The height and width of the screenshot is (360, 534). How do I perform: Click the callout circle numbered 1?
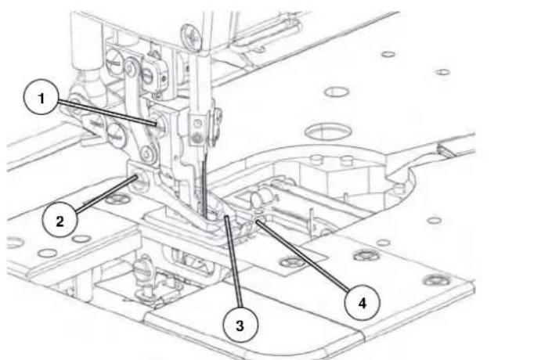click(x=41, y=97)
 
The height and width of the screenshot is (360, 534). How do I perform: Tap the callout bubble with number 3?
click(x=240, y=325)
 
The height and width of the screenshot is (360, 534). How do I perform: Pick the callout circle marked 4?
click(x=362, y=303)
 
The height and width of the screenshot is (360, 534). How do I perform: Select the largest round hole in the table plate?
click(x=327, y=131)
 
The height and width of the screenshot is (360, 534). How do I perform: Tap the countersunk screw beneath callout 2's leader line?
click(x=118, y=199)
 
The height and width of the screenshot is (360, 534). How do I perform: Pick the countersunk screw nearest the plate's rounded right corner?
click(x=437, y=280)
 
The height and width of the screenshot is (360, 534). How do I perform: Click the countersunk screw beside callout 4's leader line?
click(x=293, y=261)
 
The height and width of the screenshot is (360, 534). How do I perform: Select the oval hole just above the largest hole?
click(x=337, y=92)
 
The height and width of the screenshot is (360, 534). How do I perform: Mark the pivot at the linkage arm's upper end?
click(x=130, y=68)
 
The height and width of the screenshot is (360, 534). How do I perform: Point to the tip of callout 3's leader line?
click(x=226, y=217)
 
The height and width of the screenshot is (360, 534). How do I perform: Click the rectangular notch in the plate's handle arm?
click(x=446, y=150)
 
